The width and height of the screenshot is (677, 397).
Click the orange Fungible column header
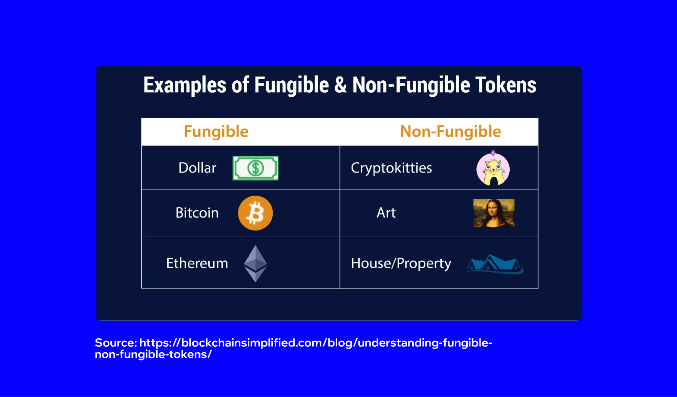216,132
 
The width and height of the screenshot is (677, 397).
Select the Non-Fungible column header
450,132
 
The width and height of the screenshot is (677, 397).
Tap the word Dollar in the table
197,168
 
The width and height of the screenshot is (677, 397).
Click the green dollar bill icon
255,168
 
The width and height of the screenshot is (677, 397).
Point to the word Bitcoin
197,213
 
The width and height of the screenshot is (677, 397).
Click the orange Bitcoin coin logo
255,213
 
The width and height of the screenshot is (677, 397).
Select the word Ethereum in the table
197,263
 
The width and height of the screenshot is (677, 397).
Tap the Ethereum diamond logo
255,263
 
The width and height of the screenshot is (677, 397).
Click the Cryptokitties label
391,168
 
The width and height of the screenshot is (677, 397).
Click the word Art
386,213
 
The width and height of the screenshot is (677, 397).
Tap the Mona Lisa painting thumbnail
493,213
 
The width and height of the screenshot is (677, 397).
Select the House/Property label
401,263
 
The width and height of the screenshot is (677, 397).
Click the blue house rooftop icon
494,264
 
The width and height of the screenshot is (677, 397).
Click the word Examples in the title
185,85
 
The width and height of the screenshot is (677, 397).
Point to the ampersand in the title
340,85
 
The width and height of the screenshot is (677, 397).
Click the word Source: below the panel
115,343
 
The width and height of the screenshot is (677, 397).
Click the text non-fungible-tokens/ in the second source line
153,354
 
